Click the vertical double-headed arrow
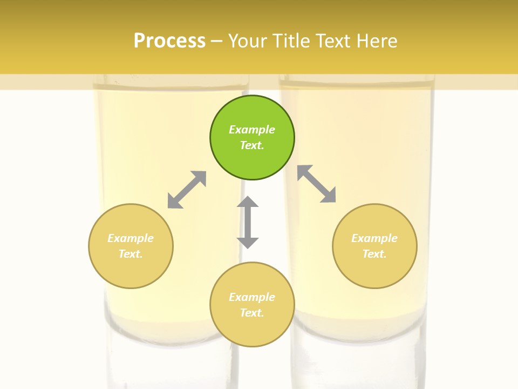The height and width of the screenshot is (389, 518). [x=248, y=222]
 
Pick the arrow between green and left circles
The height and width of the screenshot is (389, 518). [x=187, y=190]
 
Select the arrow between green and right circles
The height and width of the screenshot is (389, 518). [x=317, y=184]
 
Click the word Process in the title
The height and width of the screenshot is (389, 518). [x=169, y=41]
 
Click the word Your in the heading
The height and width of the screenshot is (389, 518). [x=246, y=41]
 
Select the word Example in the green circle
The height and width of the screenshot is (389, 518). [x=252, y=130]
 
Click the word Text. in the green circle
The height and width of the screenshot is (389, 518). [x=252, y=145]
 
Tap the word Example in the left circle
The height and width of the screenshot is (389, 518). [x=131, y=238]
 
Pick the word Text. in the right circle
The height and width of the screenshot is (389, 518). [x=374, y=254]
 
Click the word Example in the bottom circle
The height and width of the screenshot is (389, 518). [x=252, y=297]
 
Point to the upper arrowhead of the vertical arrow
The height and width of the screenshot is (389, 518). [x=248, y=202]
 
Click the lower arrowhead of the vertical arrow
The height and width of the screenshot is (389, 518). [x=248, y=243]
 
